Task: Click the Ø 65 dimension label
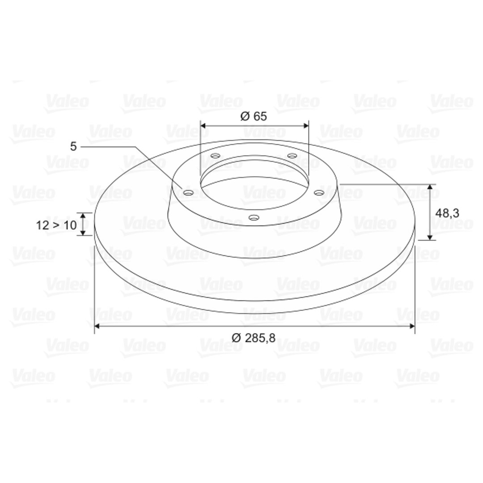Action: pyautogui.click(x=253, y=116)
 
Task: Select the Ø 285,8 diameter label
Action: pyautogui.click(x=253, y=338)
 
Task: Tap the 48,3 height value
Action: pyautogui.click(x=447, y=213)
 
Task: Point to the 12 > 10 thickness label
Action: pyautogui.click(x=56, y=225)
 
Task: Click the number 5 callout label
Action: pyautogui.click(x=73, y=147)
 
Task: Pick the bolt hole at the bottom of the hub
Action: pyautogui.click(x=254, y=218)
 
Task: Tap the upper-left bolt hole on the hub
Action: pyautogui.click(x=216, y=156)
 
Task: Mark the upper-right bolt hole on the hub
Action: pyautogui.click(x=292, y=156)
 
